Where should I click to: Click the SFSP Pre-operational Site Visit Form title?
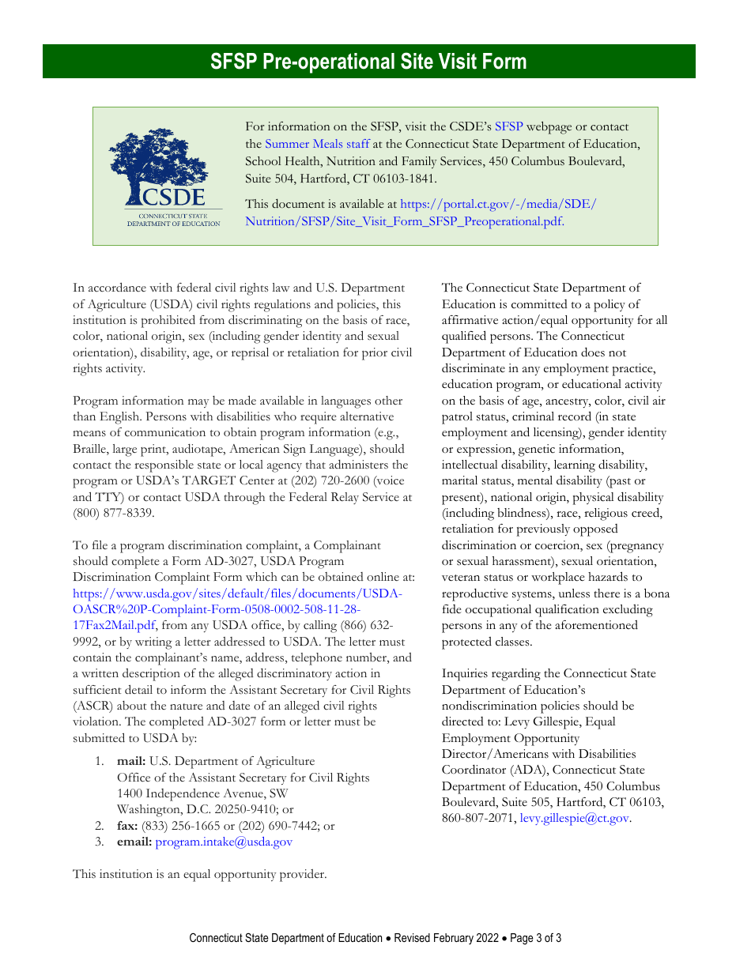(368, 62)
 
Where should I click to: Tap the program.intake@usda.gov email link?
(224, 842)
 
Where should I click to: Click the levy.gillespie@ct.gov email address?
(574, 818)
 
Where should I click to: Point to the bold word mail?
(131, 761)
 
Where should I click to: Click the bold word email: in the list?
(134, 842)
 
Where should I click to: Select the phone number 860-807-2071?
(477, 818)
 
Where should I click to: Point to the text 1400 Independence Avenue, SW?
(202, 793)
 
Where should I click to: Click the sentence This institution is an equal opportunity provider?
(199, 874)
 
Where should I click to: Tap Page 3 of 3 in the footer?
(535, 938)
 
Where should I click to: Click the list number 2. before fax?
(100, 825)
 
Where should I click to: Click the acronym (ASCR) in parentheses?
(96, 706)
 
